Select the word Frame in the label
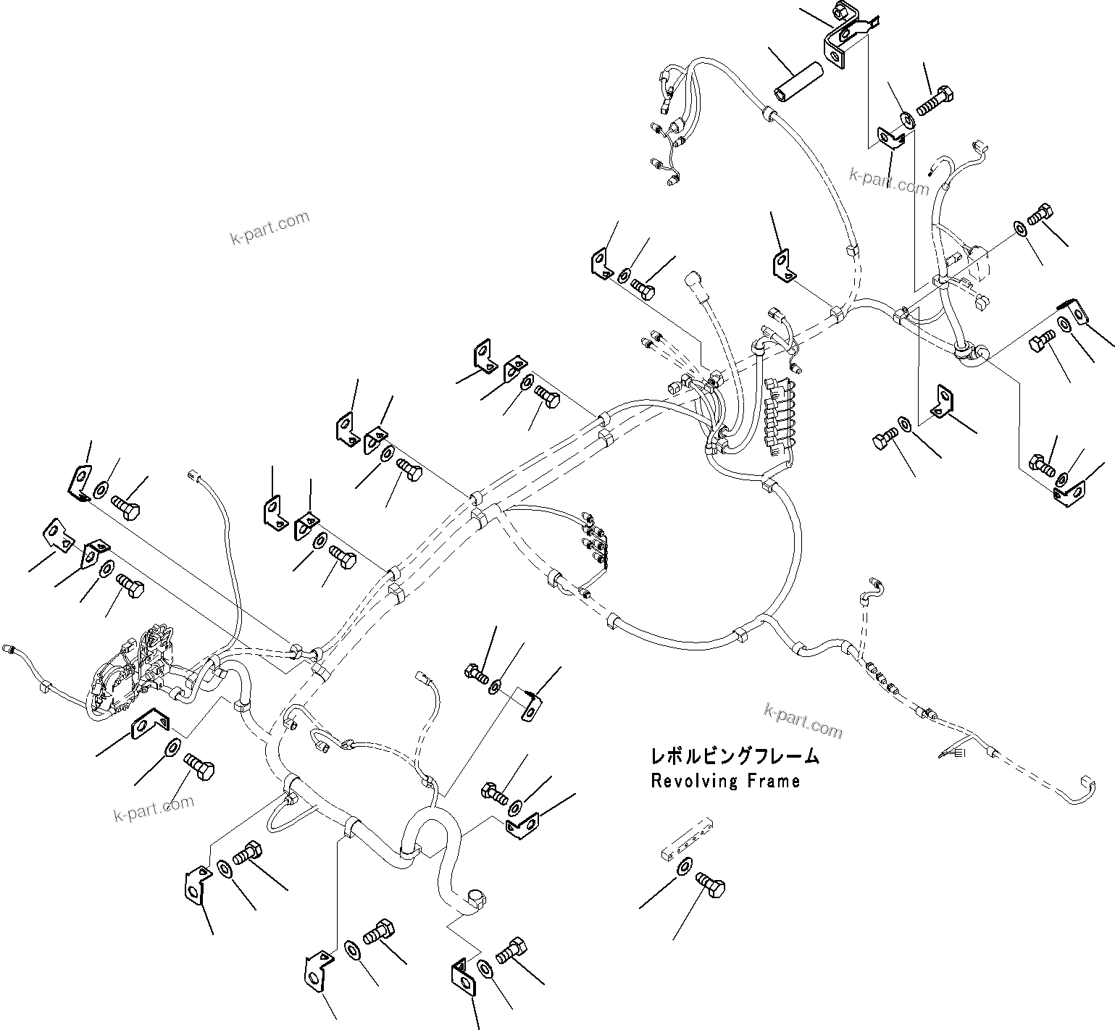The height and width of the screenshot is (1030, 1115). tap(774, 782)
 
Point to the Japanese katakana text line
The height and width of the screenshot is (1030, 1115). tap(735, 757)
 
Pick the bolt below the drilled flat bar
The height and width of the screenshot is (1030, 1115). tap(711, 886)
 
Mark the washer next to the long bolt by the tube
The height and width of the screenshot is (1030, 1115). tap(906, 120)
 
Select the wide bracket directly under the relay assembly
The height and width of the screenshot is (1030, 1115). tap(150, 724)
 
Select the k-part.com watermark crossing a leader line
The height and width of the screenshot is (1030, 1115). tap(889, 180)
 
